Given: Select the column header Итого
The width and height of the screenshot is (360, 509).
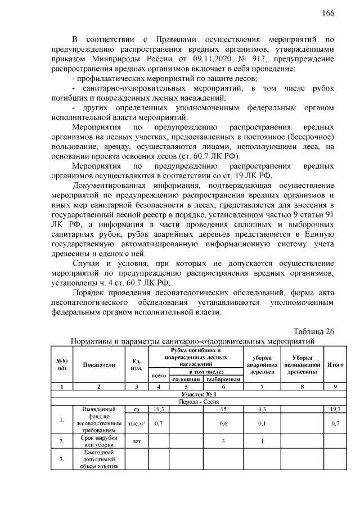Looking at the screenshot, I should point(335,364).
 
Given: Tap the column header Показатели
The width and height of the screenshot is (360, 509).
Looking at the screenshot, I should point(99,364).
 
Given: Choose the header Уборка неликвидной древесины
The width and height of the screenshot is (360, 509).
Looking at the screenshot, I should point(302,364).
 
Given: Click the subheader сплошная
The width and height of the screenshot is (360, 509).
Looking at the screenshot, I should point(188,379).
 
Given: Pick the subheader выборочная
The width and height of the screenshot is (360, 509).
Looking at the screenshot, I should point(223,379).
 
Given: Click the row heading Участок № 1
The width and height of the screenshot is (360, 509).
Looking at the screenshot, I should point(200,395).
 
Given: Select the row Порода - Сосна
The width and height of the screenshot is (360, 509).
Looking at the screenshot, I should point(200,403).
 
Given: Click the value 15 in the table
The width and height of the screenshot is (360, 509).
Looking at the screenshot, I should point(223,409).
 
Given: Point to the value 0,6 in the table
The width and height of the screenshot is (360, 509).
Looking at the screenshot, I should point(223,423).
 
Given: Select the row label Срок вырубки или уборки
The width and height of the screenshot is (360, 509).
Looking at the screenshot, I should point(99,442).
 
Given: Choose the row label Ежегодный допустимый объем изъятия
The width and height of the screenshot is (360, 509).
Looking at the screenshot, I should point(99,460).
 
